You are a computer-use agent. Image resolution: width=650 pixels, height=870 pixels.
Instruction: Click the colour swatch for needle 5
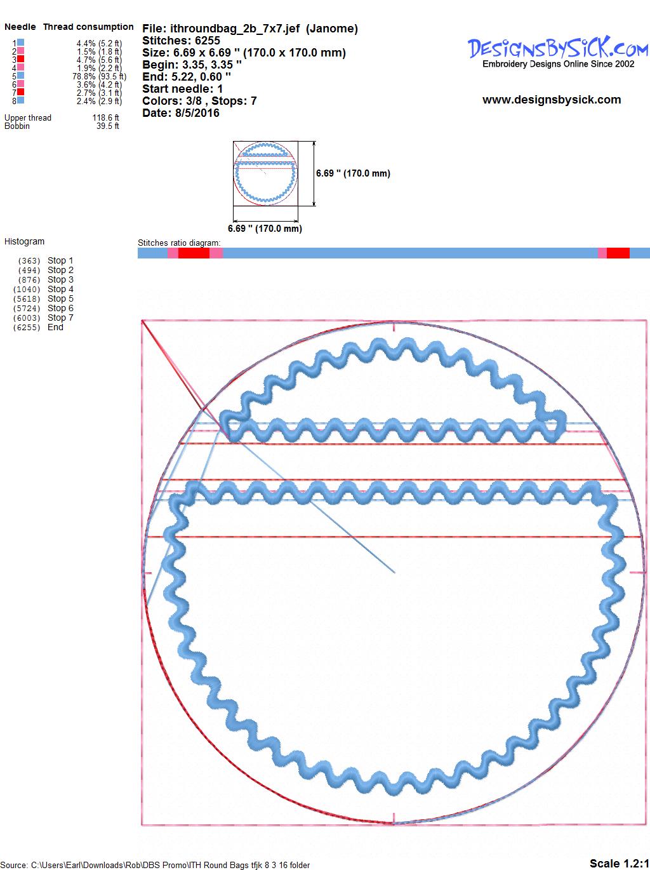(20, 76)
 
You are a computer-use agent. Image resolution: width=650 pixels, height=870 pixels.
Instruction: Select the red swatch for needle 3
(20, 58)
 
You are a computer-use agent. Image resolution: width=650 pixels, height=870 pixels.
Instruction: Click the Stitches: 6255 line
(181, 41)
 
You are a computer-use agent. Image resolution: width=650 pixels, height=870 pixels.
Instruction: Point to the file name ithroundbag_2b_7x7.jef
(235, 29)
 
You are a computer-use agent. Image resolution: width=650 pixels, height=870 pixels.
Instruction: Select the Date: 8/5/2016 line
(181, 113)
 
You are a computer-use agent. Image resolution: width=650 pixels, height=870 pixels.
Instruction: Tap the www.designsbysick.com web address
(552, 100)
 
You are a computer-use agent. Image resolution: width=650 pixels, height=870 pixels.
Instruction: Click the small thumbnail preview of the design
(265, 173)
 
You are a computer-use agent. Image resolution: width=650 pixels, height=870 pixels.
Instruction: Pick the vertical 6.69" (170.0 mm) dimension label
(353, 173)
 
